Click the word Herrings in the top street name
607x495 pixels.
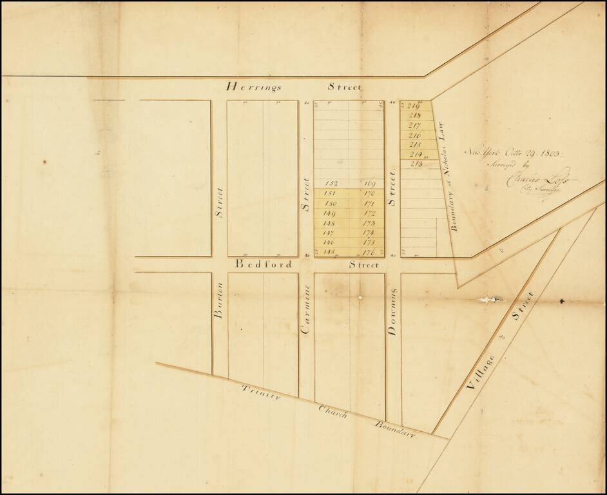coord(252,86)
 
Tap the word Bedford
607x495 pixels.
coord(264,264)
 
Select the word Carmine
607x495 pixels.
coord(306,309)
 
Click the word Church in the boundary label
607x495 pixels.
coord(333,412)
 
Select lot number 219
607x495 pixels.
coord(414,106)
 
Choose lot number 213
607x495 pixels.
coord(416,164)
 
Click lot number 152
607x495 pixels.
coord(332,184)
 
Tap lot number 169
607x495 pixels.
coord(369,184)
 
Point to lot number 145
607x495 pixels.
coord(331,251)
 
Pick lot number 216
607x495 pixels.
coord(415,135)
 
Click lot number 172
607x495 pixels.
coord(369,213)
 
